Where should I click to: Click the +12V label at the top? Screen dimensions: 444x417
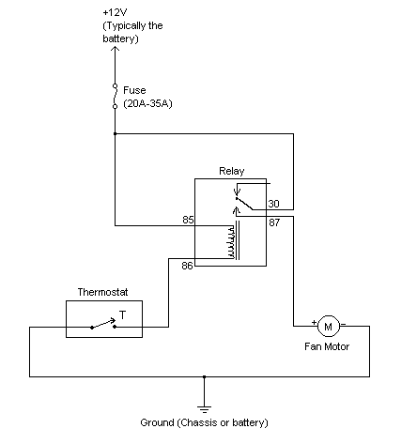pos(113,12)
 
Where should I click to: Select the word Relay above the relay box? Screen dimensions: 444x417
pos(230,172)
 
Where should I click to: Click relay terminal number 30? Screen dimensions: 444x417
pos(273,203)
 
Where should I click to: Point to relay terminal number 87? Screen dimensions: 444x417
pos(273,222)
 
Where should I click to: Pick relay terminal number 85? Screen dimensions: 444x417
pos(188,221)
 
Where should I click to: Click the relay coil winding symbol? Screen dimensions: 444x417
pos(230,242)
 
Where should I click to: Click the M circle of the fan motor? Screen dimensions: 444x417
pos(327,326)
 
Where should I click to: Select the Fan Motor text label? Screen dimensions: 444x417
pos(327,347)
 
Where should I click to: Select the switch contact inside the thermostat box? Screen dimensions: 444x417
pos(102,326)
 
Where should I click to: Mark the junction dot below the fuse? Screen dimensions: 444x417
pos(116,134)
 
